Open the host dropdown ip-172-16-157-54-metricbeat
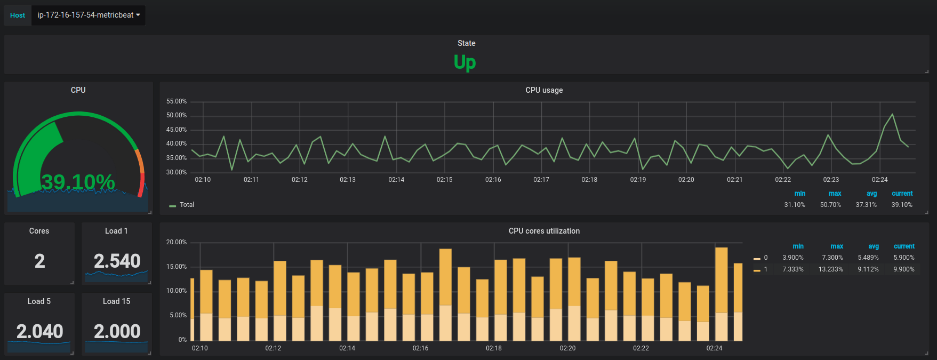[89, 15]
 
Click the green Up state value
[465, 62]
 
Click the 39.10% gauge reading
[78, 182]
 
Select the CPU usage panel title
[544, 90]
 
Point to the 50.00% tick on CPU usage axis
[177, 115]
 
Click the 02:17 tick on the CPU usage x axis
[541, 180]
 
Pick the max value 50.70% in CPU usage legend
[830, 205]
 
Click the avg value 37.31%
[866, 205]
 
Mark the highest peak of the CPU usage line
[893, 114]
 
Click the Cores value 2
[40, 261]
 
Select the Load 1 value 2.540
[117, 261]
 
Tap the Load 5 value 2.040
[40, 331]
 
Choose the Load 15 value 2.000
[117, 331]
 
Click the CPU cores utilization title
[544, 231]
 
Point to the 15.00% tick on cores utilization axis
[177, 267]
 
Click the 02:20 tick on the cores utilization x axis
[567, 348]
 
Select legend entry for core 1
[760, 269]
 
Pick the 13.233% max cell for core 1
[831, 269]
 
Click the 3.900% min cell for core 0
[793, 258]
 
